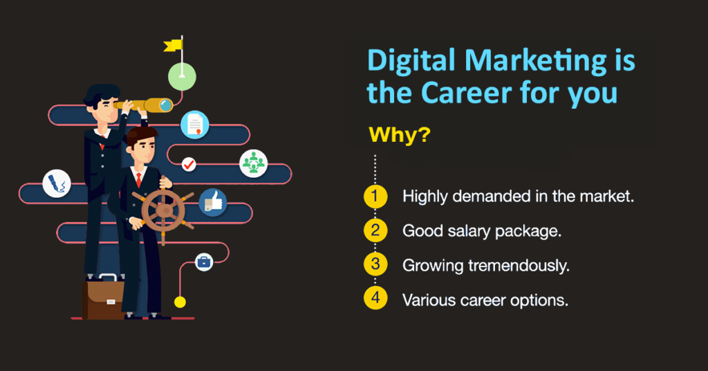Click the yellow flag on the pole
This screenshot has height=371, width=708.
pyautogui.click(x=173, y=46)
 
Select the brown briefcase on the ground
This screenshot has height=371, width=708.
pyautogui.click(x=103, y=298)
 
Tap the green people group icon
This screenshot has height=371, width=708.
pyautogui.click(x=253, y=163)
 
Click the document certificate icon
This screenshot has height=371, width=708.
pyautogui.click(x=195, y=125)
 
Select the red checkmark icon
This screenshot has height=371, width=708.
pyautogui.click(x=188, y=165)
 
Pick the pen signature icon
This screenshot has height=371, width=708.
pyautogui.click(x=56, y=183)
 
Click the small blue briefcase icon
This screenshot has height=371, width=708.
pyautogui.click(x=203, y=262)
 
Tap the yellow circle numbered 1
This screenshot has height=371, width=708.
pyautogui.click(x=375, y=197)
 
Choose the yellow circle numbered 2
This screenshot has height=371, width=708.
pyautogui.click(x=375, y=230)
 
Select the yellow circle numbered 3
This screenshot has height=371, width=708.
pyautogui.click(x=375, y=265)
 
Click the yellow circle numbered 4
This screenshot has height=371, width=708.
pyautogui.click(x=375, y=300)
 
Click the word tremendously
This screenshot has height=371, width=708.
pyautogui.click(x=511, y=266)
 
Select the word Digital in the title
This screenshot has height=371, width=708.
pyautogui.click(x=408, y=62)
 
